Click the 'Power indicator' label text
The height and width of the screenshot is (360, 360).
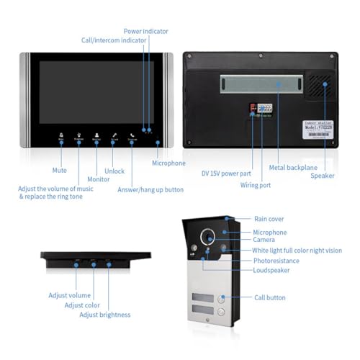[146, 31]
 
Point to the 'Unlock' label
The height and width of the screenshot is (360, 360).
[114, 171]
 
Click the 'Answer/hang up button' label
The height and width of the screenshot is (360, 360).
[150, 189]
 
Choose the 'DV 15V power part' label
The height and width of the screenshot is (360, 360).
[225, 173]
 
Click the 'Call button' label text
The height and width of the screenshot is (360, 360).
[270, 297]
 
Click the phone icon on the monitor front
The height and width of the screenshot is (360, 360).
[132, 136]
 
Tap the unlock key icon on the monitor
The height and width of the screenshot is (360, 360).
[114, 136]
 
